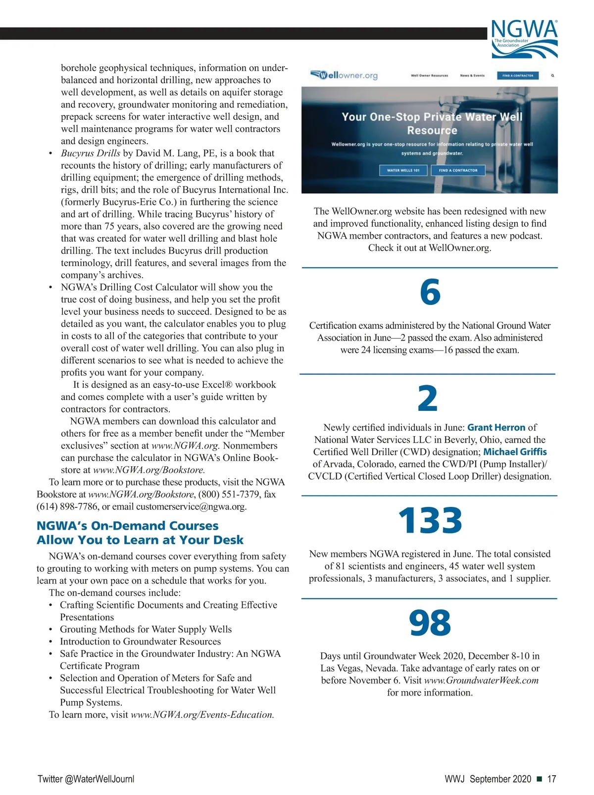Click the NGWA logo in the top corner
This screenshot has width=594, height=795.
525,39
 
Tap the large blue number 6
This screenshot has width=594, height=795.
430,292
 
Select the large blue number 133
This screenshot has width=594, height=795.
430,521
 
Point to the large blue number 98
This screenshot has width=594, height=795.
430,623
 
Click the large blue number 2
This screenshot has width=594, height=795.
428,398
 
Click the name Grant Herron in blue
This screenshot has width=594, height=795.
496,427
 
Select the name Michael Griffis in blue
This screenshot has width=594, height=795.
515,451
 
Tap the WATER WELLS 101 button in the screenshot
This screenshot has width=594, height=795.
403,170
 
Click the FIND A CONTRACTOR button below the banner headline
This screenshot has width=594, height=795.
458,170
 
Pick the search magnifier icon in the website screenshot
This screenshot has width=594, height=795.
552,76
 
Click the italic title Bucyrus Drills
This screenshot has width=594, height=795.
90,153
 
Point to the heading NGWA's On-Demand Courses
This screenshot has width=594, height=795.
127,526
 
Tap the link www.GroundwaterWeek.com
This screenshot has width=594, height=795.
481,680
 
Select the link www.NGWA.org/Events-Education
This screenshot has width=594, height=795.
202,714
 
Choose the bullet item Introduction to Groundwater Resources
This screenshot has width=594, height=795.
140,641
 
